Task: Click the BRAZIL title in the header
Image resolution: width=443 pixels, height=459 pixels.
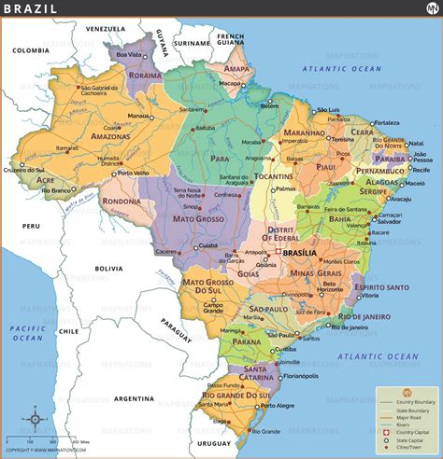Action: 31,9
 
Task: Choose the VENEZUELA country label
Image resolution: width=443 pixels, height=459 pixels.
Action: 106,29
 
